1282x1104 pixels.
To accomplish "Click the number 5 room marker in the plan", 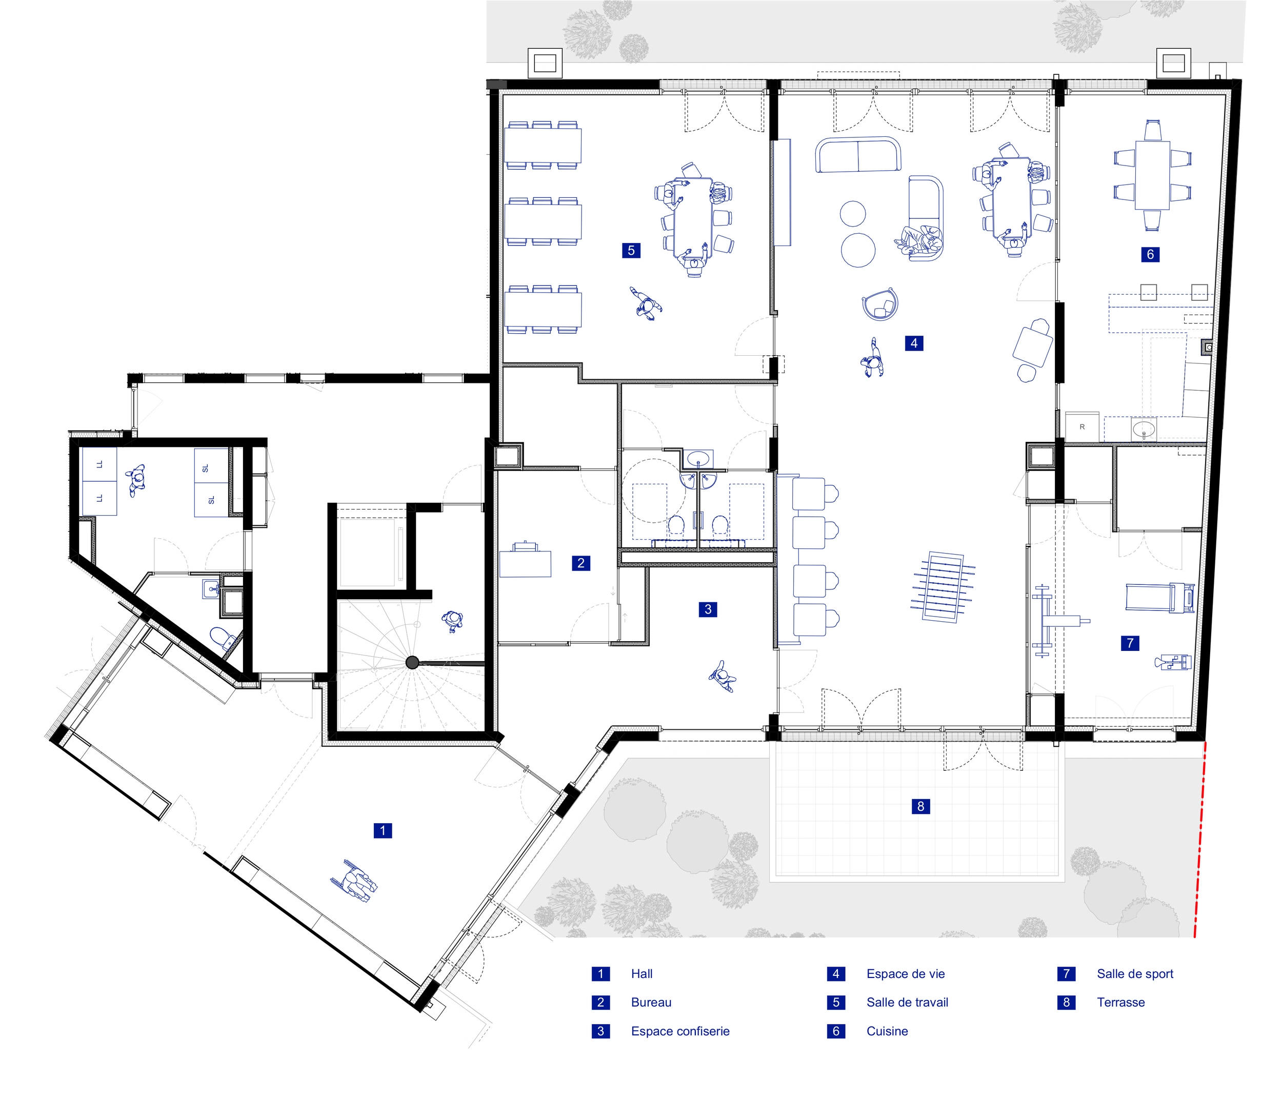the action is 631,251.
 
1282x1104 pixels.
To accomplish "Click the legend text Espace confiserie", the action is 680,1032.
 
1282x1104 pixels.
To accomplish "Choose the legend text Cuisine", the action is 887,1032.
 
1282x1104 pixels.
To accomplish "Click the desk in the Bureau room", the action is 525,562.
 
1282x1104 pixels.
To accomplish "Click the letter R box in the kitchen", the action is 1082,427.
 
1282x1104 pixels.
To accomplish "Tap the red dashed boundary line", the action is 1200,841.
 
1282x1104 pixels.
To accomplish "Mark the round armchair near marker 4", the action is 880,304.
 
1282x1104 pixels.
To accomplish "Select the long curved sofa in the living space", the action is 858,155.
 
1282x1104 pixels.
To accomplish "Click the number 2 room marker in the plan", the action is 580,563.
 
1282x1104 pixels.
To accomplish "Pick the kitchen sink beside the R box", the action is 1144,428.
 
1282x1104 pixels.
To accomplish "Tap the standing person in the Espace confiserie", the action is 722,676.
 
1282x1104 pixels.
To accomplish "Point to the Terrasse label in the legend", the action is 1120,1003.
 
